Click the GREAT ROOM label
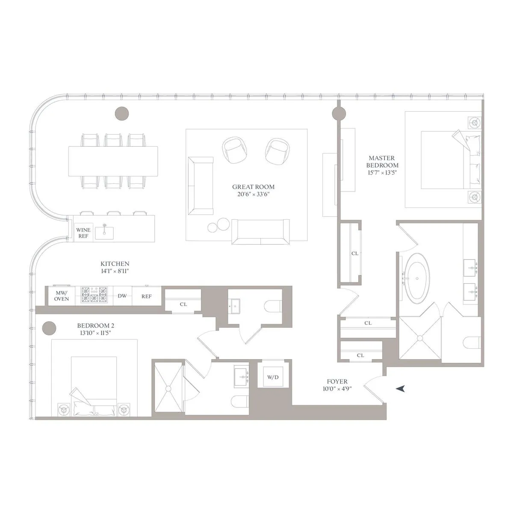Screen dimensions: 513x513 pos(253,187)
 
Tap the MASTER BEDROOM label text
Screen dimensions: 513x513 pos(383,162)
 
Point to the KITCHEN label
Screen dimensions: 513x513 pos(115,264)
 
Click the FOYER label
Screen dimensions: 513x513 pos(337,382)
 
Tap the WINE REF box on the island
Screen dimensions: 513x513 pos(83,233)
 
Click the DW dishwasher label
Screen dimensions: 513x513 pos(122,296)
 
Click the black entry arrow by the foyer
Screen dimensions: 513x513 pos(400,388)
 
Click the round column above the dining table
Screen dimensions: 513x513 pos(122,113)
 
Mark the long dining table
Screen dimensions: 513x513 pos(113,161)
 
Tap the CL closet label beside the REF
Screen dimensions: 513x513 pos(183,304)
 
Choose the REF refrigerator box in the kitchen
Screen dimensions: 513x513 pos(147,296)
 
